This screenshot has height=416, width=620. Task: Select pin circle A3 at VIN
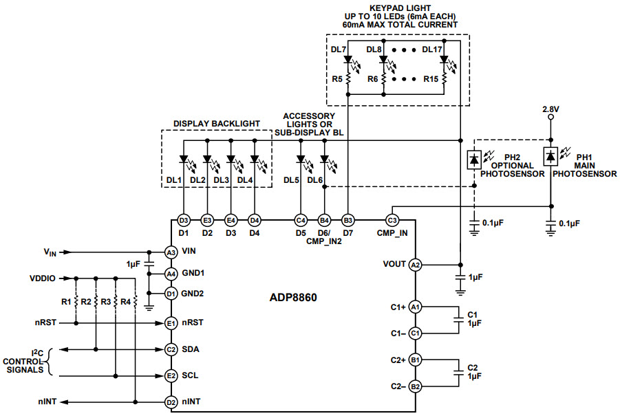[171, 252]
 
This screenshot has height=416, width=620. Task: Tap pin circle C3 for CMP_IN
[392, 221]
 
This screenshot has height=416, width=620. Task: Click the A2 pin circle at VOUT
[415, 265]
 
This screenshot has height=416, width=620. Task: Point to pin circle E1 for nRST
[171, 322]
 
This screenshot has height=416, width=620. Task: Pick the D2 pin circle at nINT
[171, 402]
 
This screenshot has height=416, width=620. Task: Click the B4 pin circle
[324, 221]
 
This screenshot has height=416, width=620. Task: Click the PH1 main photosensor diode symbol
[550, 156]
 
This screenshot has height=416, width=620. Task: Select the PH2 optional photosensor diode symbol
[474, 158]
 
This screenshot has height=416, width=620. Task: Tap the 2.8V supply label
[550, 109]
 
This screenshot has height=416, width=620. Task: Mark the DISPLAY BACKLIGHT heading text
[217, 123]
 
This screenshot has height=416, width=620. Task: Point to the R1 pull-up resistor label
[67, 301]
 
